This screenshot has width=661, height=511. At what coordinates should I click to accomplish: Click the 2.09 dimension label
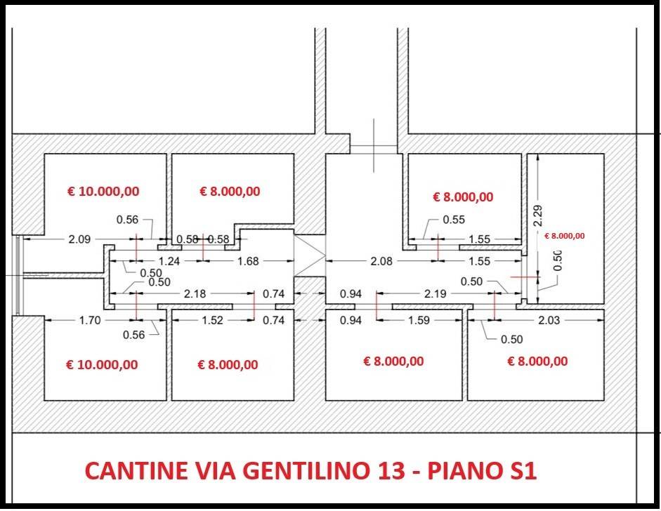(79, 239)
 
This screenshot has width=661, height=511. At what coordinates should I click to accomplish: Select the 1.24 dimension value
(169, 261)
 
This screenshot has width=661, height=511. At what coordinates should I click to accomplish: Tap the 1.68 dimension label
(248, 261)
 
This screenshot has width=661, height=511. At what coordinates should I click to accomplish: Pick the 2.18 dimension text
(195, 293)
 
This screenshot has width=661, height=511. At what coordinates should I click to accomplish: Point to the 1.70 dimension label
(90, 320)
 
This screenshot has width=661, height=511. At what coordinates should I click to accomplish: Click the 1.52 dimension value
(212, 320)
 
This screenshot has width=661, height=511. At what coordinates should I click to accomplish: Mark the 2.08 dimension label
(381, 261)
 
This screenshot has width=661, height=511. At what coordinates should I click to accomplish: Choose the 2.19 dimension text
(435, 293)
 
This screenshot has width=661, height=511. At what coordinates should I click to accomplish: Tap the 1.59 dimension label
(419, 320)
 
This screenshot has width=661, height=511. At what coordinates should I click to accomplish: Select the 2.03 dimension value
(549, 320)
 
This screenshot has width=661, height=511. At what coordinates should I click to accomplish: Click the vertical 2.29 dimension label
(538, 215)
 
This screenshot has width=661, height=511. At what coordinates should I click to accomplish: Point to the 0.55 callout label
(454, 220)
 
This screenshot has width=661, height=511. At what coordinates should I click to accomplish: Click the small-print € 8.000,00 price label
(565, 236)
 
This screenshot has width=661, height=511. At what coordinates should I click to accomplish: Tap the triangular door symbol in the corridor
(309, 255)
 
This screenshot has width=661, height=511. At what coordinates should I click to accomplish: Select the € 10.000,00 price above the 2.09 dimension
(103, 191)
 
